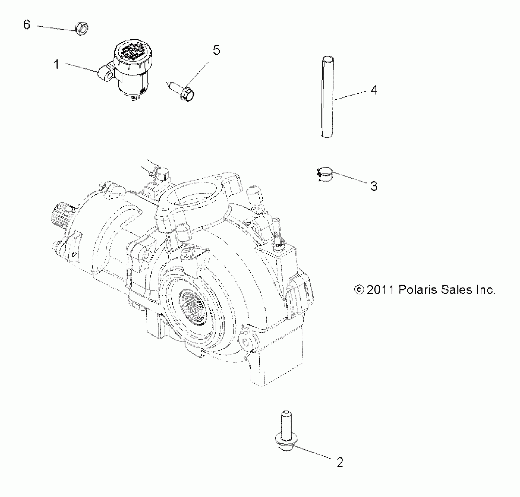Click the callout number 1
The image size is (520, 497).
(x=57, y=65)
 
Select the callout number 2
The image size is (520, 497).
(x=340, y=463)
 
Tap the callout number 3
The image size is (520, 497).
(x=374, y=186)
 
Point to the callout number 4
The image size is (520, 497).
(x=374, y=90)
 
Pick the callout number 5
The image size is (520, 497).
(x=216, y=50)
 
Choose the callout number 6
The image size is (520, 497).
(x=27, y=25)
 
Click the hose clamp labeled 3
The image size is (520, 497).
(x=326, y=174)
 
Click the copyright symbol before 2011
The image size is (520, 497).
(x=359, y=290)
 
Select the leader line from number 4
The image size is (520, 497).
(x=350, y=96)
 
